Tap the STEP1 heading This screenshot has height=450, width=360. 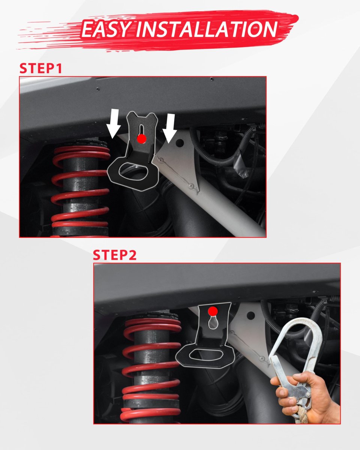41,68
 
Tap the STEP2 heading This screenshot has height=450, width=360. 115,255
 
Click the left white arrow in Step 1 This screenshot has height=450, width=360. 114,124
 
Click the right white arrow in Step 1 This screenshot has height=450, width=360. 170,128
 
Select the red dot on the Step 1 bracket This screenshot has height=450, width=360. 142,139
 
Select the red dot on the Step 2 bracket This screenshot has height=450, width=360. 213,311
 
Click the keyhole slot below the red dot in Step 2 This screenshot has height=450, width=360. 213,322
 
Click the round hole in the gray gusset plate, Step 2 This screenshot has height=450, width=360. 251,315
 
